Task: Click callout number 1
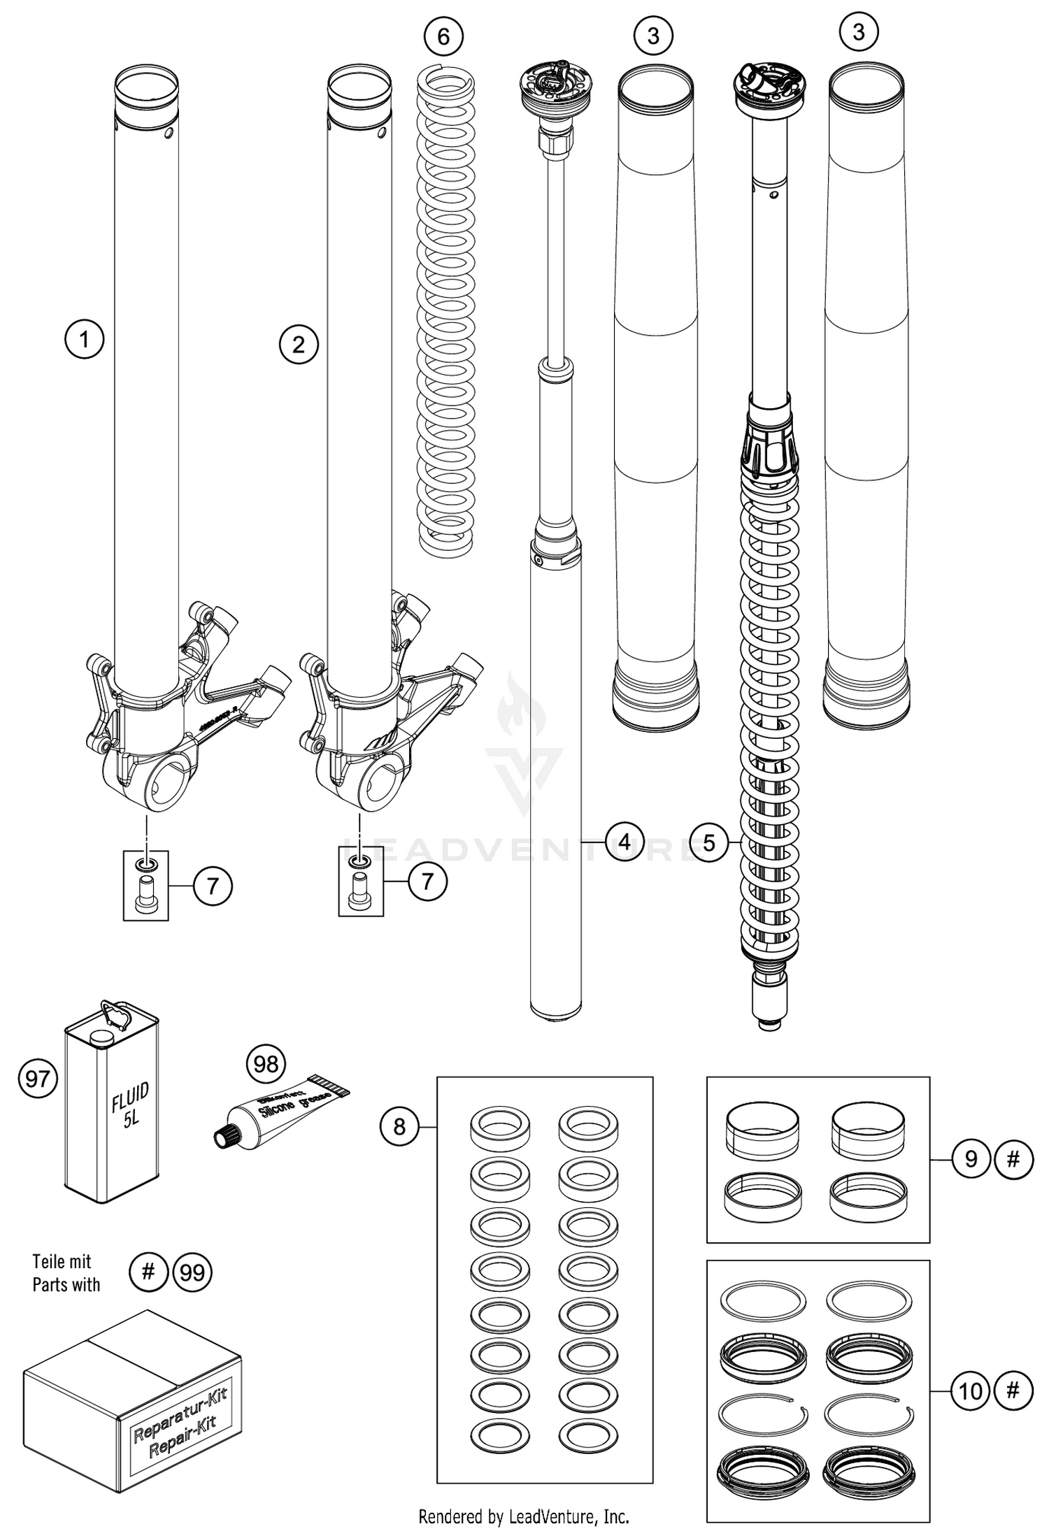pos(85,340)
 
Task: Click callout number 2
pos(299,344)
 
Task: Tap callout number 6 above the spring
pos(443,36)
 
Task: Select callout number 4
pos(625,841)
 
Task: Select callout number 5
pos(709,842)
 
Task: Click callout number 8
pos(399,1126)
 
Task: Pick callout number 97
pos(37,1078)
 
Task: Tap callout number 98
pos(266,1064)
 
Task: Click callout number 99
pos(192,1272)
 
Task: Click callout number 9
pos(971,1159)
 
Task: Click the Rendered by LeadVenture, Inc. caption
pos(524,1515)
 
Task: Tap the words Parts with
pos(66,1285)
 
